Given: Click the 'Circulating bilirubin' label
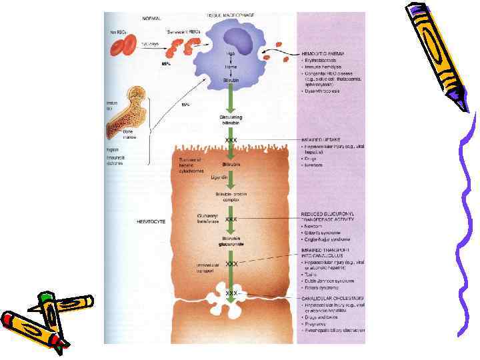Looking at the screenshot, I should tap(231, 119).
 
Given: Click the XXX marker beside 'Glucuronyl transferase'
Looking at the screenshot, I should tap(231, 219).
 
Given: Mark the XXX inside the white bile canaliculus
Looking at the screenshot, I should tap(231, 293).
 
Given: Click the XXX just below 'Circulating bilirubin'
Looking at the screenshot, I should tap(231, 140).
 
